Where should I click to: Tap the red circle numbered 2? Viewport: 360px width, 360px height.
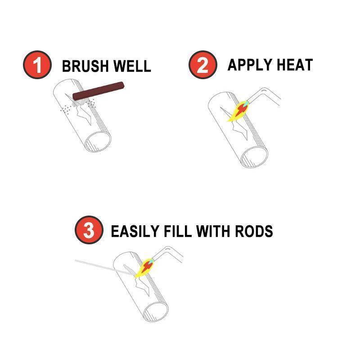click(203, 65)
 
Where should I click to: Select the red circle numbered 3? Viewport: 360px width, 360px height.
click(89, 230)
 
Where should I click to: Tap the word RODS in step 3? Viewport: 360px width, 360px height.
click(254, 231)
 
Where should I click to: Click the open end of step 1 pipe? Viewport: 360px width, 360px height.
click(98, 142)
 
